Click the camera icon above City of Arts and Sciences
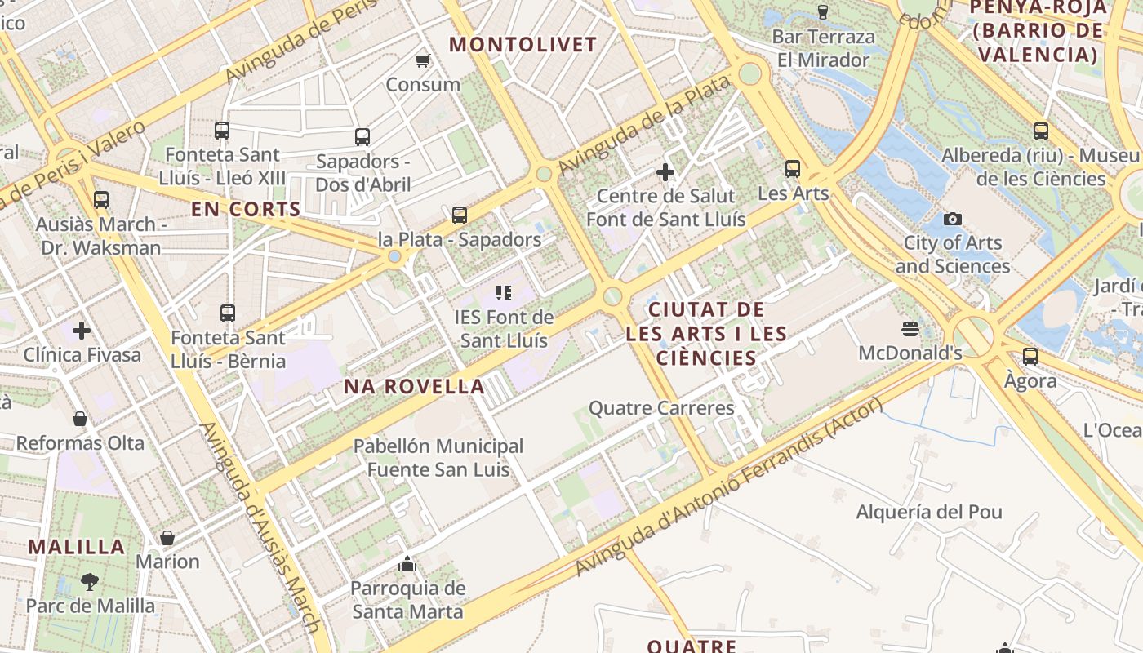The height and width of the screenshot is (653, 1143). point(952,219)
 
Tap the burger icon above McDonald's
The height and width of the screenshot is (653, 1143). point(910,329)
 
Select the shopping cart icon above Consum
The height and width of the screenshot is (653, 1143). point(423,60)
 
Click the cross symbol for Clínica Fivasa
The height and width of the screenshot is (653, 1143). point(81,331)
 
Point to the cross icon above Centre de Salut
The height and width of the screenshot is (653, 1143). point(665,172)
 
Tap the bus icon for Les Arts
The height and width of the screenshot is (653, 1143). point(792,169)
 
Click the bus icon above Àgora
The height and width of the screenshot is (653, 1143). point(1030,357)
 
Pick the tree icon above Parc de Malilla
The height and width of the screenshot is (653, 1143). point(90,582)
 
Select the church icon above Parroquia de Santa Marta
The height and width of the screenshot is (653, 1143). point(407,564)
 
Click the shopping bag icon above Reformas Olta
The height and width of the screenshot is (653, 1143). point(80,419)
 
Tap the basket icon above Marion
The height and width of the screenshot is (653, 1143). point(167,538)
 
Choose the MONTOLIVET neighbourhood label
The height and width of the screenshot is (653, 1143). point(523,44)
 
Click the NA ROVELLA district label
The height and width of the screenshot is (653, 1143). point(414,386)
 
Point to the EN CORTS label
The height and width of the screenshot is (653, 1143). point(247,209)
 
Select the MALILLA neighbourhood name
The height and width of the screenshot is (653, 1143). point(77,547)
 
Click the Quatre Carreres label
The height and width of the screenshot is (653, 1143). point(661,408)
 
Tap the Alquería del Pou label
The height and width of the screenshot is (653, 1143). point(929,513)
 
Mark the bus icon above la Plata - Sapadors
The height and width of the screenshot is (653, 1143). point(460,215)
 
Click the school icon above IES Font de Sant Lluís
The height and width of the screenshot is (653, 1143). point(503,292)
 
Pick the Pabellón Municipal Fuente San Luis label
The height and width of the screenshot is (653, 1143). point(438,458)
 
